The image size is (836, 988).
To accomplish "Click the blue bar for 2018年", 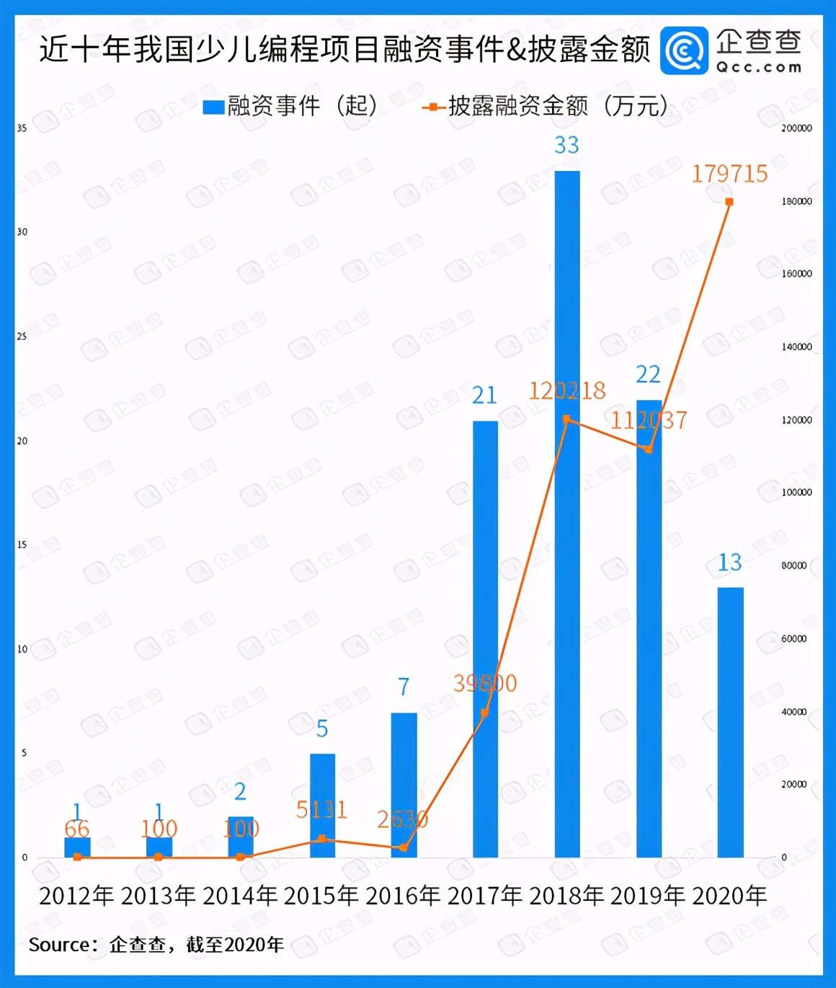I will point(567,513).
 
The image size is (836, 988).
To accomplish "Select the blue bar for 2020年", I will point(730,722).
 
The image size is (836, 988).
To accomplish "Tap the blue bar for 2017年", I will point(485,639).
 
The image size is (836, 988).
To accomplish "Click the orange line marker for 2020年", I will point(729,202).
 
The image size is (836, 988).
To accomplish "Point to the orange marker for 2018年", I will point(566,419).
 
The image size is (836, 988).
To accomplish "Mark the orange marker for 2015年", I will point(322,839).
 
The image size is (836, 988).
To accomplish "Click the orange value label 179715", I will point(729,174).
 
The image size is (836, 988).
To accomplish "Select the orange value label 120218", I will point(567,391).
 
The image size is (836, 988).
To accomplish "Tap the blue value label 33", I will point(566,146).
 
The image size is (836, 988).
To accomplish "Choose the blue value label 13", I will point(729,563).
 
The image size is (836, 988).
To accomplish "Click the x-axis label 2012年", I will point(76,896).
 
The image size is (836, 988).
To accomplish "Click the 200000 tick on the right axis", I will point(796,128).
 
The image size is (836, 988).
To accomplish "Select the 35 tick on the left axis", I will point(22,128).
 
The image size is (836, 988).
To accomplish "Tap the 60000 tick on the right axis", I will point(793,639).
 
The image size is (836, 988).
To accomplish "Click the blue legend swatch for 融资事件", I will point(214,107).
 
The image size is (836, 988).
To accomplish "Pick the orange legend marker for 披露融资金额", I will point(433,107).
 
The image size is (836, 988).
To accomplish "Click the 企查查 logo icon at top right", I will point(684,50).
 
